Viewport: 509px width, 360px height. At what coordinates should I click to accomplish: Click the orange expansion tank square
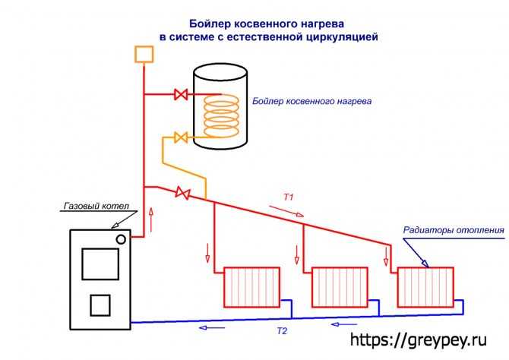coord(144,54)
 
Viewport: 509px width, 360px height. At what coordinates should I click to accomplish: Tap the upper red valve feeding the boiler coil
coord(181,94)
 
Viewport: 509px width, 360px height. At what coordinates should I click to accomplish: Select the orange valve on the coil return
coord(181,137)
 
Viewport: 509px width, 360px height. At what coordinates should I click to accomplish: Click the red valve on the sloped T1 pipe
coord(182,193)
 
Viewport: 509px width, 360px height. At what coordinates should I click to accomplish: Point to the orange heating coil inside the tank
coord(221,116)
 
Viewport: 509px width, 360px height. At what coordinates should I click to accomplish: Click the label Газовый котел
coord(96,206)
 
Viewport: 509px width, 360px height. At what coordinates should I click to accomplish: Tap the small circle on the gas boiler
coord(121,239)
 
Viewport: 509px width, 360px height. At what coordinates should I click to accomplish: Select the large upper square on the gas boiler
coord(100,264)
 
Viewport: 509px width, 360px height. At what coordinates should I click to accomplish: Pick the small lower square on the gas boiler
coord(100,305)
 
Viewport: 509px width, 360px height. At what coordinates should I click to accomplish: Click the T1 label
coord(288,197)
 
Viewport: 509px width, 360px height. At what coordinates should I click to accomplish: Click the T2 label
coord(282,331)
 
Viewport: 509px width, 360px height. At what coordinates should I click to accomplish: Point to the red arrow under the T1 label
coord(286,210)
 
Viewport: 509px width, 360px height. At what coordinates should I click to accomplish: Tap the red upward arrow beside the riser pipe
coord(151,219)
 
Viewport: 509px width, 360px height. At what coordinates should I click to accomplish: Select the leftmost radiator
coord(252,287)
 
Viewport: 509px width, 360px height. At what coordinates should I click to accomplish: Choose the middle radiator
coord(340,287)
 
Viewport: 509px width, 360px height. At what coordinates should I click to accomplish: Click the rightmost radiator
coord(425,287)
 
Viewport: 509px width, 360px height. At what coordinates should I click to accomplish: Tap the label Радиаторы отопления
coord(454,230)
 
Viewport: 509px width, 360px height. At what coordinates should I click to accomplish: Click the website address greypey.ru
coord(419,340)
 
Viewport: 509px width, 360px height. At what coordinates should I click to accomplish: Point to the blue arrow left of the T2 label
coord(212,327)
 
